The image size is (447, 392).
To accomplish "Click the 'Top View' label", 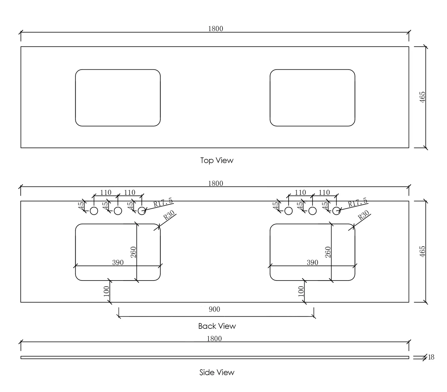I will [x=217, y=160].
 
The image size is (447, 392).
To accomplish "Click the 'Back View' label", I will [x=217, y=326].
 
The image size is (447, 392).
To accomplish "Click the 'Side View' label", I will [x=217, y=373].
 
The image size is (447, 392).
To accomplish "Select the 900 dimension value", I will [x=214, y=309].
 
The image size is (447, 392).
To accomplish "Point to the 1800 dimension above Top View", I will [x=216, y=28].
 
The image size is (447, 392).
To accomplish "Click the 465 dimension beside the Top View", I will [x=422, y=97].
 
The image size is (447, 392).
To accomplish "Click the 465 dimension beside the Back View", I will [x=422, y=251].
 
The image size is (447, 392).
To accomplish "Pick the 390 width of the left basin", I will [x=118, y=262].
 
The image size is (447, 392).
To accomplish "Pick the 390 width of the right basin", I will [x=312, y=262].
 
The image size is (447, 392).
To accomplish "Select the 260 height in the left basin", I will [x=133, y=252].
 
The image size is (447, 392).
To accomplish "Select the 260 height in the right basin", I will [x=328, y=252].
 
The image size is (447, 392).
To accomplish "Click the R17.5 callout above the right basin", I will [x=358, y=203].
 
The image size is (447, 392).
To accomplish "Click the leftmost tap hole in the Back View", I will [x=94, y=211].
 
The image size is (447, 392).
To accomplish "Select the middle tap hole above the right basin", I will [x=313, y=211].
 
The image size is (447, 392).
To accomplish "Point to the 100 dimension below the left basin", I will [x=106, y=291].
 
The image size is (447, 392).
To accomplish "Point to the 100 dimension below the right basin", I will [x=301, y=291].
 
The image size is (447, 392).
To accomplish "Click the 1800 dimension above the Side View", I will [x=214, y=339].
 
